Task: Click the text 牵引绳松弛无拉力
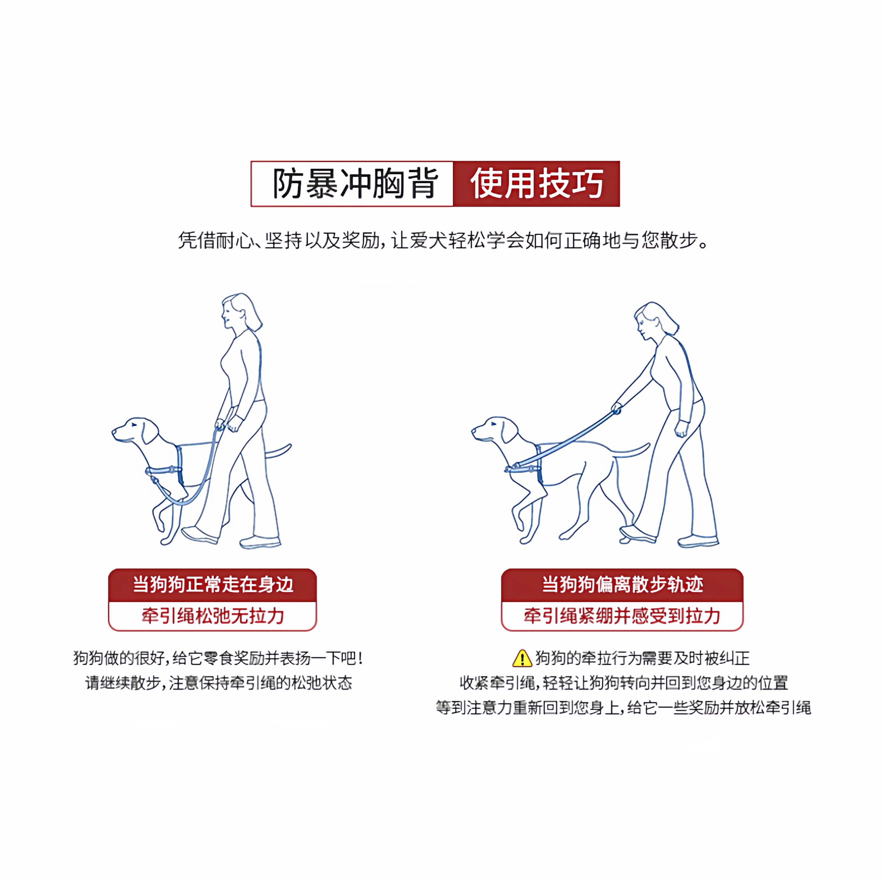click(x=212, y=616)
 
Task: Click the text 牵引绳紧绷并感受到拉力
click(x=622, y=616)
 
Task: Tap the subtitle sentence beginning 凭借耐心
click(x=443, y=240)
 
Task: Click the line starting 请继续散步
click(x=218, y=683)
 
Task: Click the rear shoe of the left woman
click(x=260, y=542)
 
